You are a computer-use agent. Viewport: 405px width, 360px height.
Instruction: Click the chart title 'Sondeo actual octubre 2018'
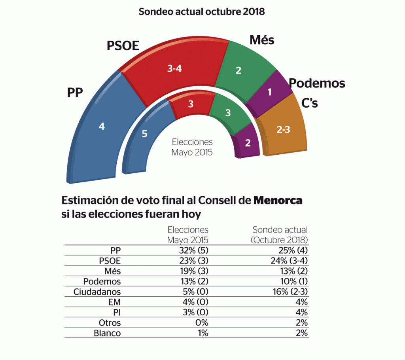pyautogui.click(x=202, y=11)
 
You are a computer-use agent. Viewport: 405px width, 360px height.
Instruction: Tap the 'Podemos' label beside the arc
pyautogui.click(x=317, y=83)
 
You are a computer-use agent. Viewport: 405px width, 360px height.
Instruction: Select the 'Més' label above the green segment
pyautogui.click(x=262, y=40)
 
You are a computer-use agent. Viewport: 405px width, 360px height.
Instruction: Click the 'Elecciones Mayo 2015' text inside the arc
pyautogui.click(x=192, y=147)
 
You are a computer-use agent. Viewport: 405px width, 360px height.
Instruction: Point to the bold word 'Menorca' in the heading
pyautogui.click(x=278, y=200)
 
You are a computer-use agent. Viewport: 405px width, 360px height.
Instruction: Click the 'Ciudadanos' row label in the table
pyautogui.click(x=97, y=292)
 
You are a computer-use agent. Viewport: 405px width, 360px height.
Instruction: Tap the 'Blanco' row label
pyautogui.click(x=107, y=333)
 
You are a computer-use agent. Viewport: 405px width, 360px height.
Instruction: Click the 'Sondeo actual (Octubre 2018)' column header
pyautogui.click(x=280, y=235)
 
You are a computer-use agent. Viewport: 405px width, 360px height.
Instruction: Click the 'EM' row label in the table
pyautogui.click(x=114, y=302)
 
